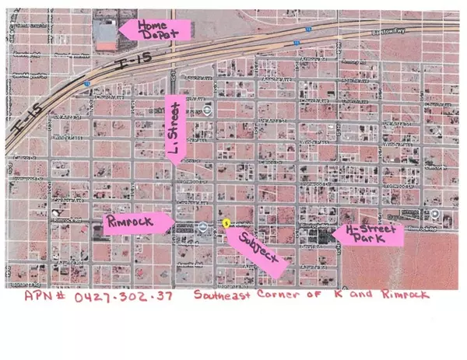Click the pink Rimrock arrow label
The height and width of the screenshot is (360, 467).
pyautogui.click(x=137, y=224)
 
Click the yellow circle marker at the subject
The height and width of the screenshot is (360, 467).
pyautogui.click(x=225, y=222)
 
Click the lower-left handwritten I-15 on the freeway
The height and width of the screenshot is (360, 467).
pyautogui.click(x=27, y=123)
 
